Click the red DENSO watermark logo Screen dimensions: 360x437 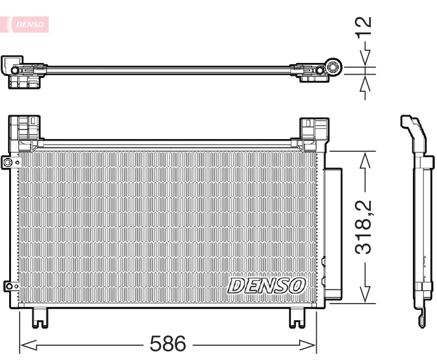28,24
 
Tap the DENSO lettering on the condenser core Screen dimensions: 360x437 267,285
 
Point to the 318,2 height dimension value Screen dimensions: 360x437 364,227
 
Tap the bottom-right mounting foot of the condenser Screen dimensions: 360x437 297,317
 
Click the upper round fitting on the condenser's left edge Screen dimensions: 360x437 7,163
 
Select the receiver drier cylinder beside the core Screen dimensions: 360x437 335,233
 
